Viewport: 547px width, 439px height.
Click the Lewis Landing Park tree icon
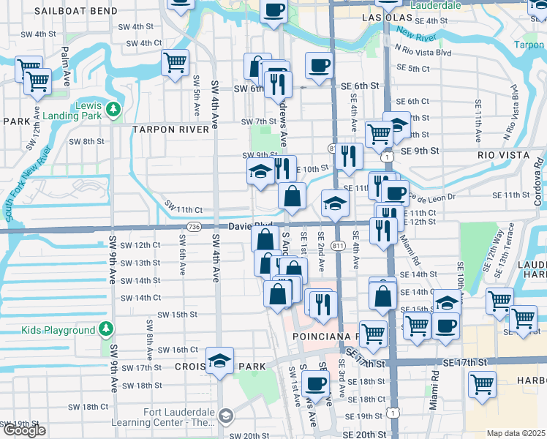point(113,109)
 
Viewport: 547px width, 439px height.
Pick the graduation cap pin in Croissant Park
point(219,361)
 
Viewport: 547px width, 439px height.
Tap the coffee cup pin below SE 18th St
point(315,383)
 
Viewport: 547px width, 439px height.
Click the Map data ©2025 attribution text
point(516,433)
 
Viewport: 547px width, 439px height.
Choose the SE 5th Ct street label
point(412,68)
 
